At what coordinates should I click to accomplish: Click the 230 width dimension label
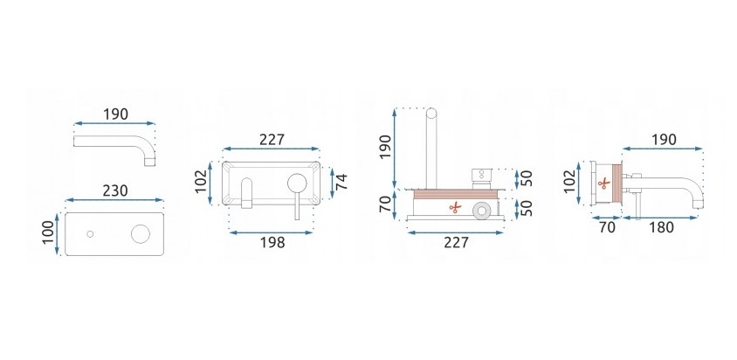tap(114, 190)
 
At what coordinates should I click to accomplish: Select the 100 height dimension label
tap(48, 233)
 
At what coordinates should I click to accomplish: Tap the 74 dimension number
tap(341, 182)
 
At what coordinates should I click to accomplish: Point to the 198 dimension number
tap(272, 242)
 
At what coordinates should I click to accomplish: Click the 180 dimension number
tap(661, 227)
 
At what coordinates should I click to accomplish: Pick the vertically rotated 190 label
tap(385, 147)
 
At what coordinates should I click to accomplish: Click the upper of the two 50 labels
tap(528, 178)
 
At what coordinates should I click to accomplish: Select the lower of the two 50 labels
tap(528, 208)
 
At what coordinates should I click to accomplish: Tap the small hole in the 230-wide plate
tap(90, 234)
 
